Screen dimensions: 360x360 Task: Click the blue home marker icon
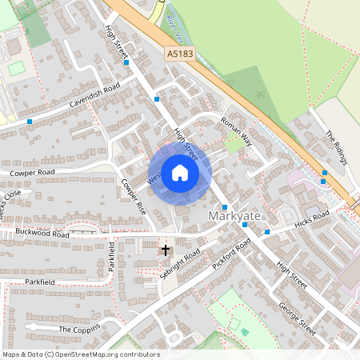pyautogui.click(x=180, y=173)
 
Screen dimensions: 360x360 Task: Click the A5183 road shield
pyautogui.click(x=180, y=53)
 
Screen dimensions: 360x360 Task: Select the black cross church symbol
pyautogui.click(x=166, y=250)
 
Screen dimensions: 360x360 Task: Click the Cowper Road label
pyautogui.click(x=32, y=172)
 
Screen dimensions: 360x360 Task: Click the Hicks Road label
pyautogui.click(x=312, y=217)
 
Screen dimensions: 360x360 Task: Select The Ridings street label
pyautogui.click(x=337, y=148)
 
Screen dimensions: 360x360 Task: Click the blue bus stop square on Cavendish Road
pyautogui.click(x=30, y=122)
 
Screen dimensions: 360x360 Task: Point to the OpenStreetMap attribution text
pyautogui.click(x=80, y=354)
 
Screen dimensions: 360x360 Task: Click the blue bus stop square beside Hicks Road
pyautogui.click(x=267, y=232)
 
